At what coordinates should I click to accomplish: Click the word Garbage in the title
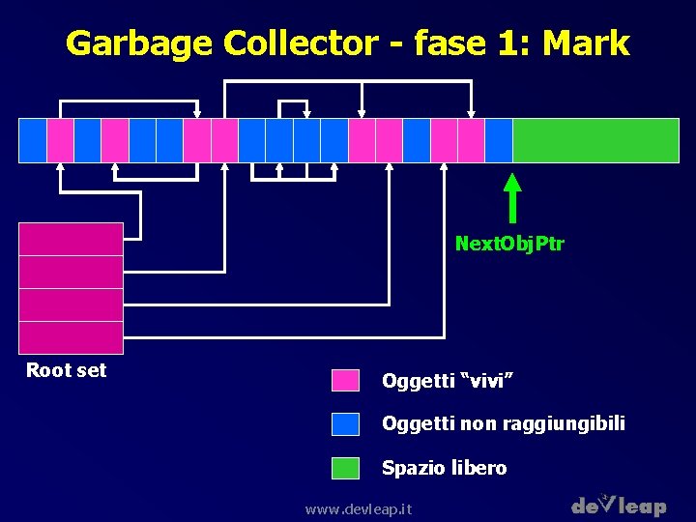(139, 43)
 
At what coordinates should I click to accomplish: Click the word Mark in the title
(586, 43)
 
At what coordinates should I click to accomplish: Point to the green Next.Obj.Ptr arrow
(512, 198)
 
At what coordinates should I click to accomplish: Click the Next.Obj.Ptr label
(509, 244)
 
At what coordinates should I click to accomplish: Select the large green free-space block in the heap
(595, 140)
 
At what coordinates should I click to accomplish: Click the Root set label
(66, 370)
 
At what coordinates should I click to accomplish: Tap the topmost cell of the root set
(72, 239)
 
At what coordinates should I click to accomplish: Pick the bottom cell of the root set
(72, 337)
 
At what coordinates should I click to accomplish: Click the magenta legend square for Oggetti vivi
(345, 380)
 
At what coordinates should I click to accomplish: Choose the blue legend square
(345, 423)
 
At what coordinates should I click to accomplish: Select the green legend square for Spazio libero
(345, 468)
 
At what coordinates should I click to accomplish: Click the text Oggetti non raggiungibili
(504, 423)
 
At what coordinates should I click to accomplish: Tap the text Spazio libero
(444, 468)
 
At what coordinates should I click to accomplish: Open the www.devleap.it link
(358, 508)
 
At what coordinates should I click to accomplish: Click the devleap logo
(619, 505)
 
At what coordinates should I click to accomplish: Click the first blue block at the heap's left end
(33, 140)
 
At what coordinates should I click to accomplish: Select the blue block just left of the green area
(499, 140)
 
